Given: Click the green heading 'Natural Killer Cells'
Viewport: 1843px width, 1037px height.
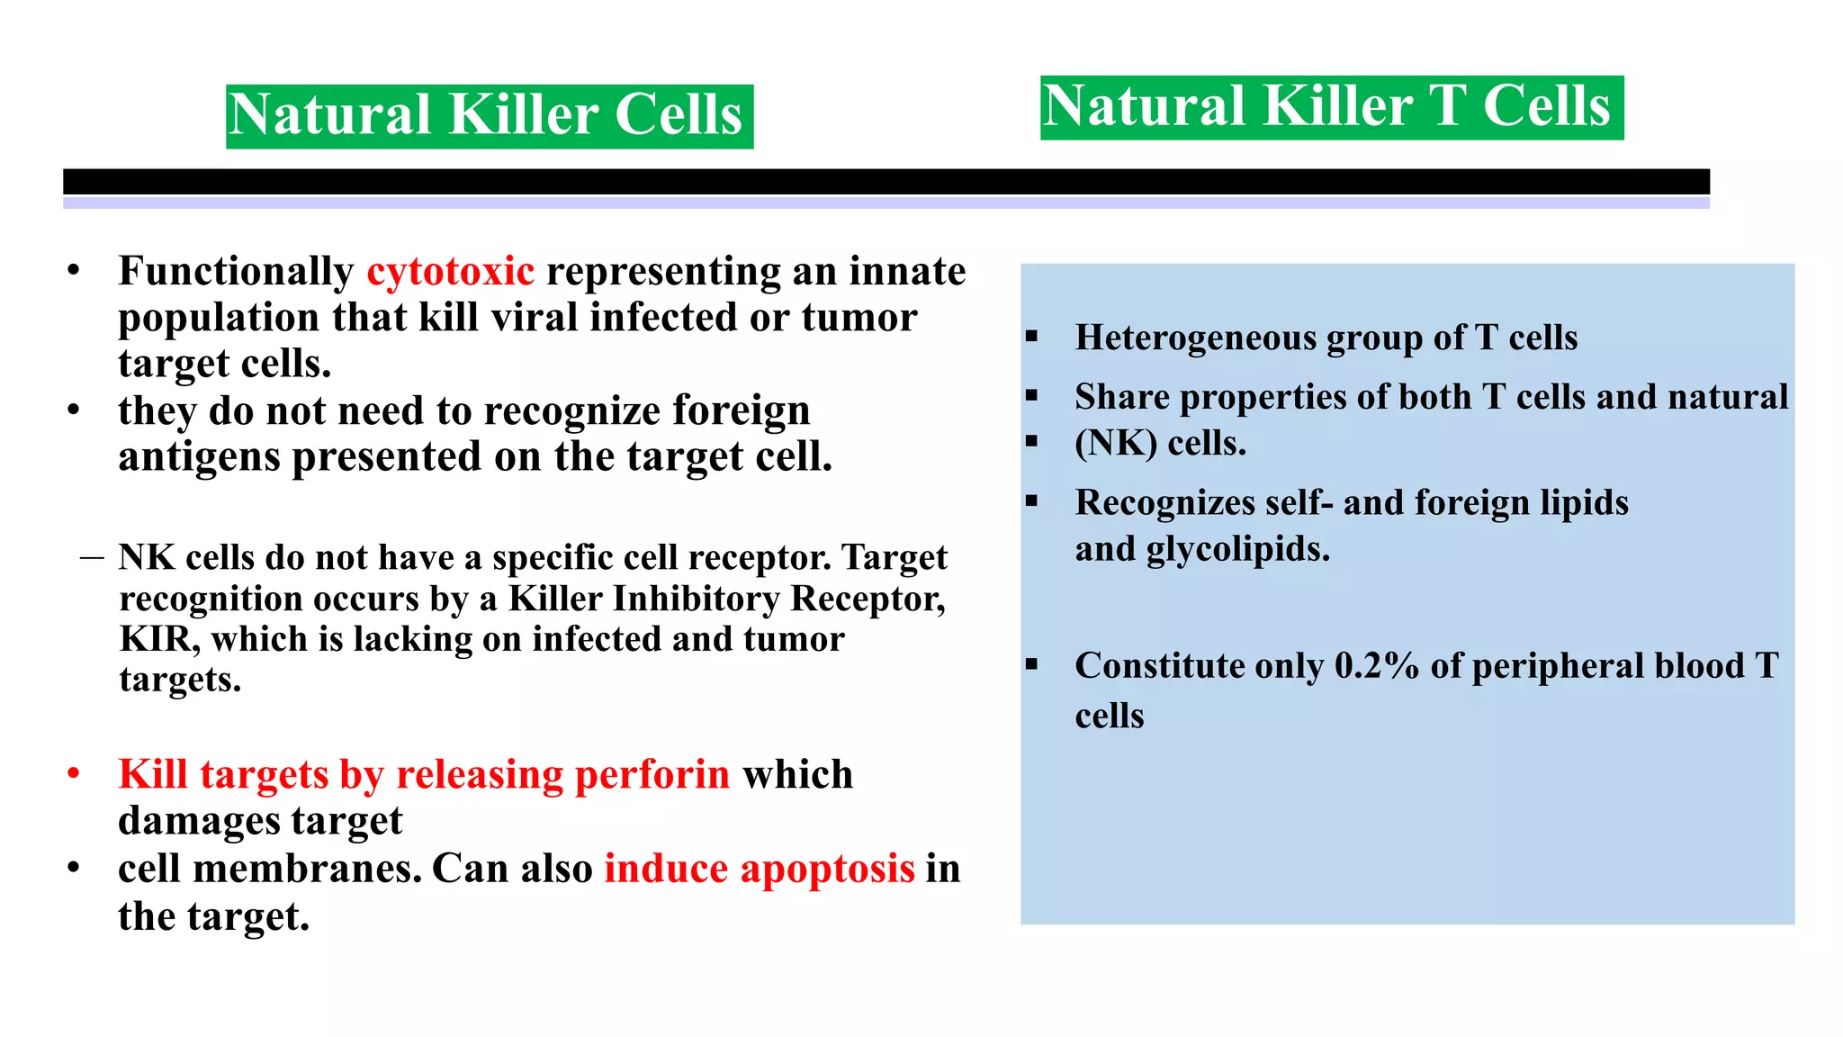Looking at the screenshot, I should pos(489,116).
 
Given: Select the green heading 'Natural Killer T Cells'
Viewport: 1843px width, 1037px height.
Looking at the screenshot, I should pos(1331,107).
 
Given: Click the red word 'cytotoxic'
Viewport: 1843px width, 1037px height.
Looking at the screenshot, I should pos(450,272).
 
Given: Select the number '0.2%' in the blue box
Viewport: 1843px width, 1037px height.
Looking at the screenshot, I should pos(1376,667).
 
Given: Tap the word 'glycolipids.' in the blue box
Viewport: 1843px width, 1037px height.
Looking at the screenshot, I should pos(1237,549).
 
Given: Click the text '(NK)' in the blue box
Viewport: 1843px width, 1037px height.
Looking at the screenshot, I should pos(1116,444).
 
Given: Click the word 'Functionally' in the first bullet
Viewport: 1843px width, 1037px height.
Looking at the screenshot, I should pos(236,272).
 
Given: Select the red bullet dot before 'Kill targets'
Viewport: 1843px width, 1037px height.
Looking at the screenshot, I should pos(74,774).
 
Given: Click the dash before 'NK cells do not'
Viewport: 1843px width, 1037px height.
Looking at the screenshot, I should pos(91,558).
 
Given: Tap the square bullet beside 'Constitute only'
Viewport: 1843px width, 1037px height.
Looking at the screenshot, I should pos(1031,665).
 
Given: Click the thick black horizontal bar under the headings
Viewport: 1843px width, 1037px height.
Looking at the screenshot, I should pos(886,182).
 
